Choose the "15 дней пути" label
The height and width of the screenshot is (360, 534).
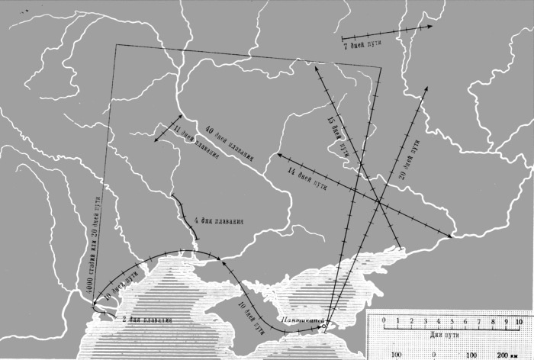(x=336, y=137)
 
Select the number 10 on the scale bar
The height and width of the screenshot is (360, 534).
(x=519, y=320)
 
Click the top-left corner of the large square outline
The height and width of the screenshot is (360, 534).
(x=115, y=45)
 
